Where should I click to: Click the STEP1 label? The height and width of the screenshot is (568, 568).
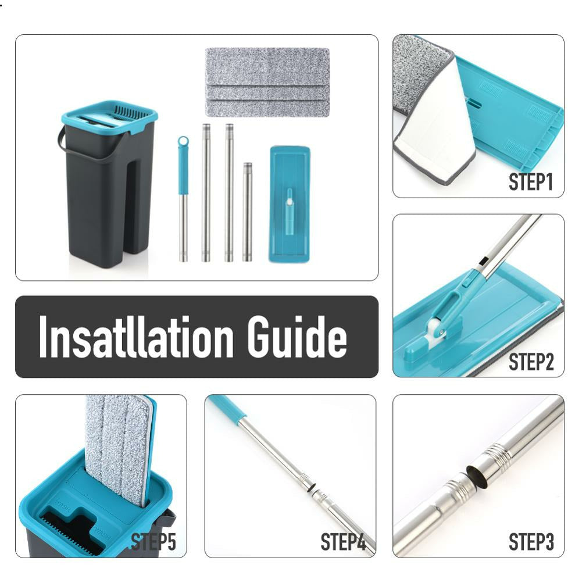point(531,182)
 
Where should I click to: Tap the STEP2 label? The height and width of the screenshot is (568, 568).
point(531,362)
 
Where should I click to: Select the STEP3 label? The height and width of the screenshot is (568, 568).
point(531,542)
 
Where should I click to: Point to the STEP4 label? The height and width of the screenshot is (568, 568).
point(343,542)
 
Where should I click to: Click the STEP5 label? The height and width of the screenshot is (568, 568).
point(153,542)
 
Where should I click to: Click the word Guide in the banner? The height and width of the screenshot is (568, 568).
point(297,337)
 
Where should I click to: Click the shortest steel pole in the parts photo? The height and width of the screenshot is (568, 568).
point(248,212)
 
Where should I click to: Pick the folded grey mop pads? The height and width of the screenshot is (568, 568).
point(267,82)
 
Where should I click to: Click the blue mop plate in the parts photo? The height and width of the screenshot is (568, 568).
point(290,204)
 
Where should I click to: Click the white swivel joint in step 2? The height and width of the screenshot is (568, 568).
point(436,330)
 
